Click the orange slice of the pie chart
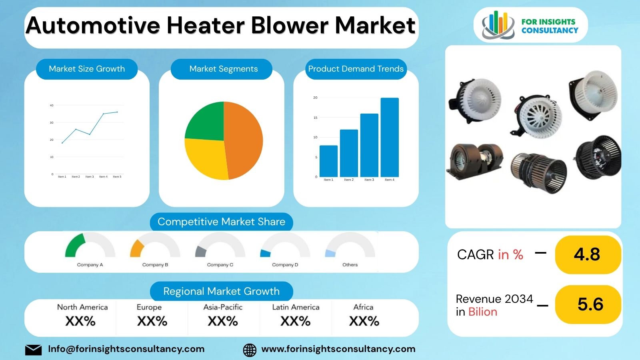pos(243,140)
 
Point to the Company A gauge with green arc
pos(90,246)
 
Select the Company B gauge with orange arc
pos(155,246)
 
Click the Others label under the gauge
pos(350,265)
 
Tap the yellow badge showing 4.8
pos(588,254)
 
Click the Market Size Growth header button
pos(87,69)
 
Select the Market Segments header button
pos(223,69)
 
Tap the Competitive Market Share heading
pos(221,222)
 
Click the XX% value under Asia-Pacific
pos(223,321)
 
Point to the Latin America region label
pos(296,307)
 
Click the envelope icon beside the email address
pos(33,350)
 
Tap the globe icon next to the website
pos(250,350)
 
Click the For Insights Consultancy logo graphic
pos(498,25)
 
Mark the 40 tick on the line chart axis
pos(52,106)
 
